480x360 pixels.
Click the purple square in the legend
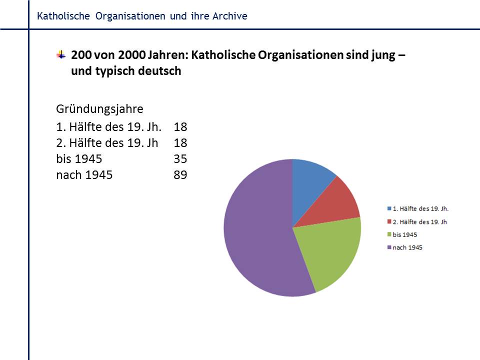[389, 247]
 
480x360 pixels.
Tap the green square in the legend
[389, 234]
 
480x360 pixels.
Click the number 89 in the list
[180, 175]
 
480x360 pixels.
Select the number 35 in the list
[180, 159]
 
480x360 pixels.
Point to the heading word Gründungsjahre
[99, 108]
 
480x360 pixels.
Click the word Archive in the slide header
[229, 16]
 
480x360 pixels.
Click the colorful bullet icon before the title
[61, 54]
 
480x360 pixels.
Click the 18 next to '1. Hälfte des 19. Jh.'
[180, 126]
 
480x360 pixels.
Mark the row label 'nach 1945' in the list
[84, 175]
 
